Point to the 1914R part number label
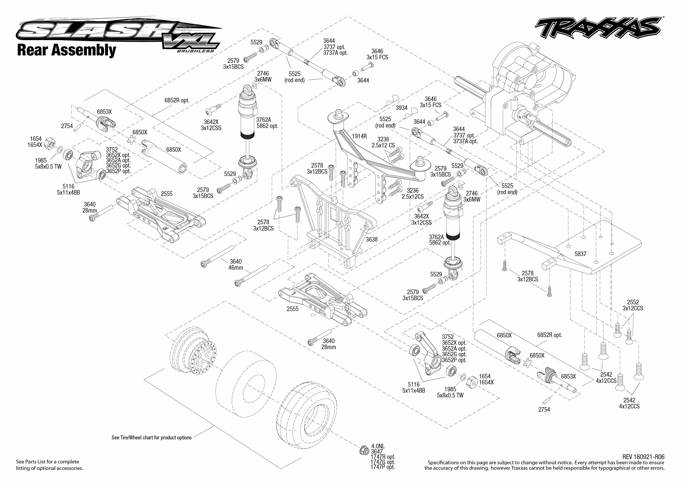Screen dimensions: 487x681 (359, 136)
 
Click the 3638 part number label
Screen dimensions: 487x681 (371, 239)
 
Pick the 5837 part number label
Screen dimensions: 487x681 (580, 254)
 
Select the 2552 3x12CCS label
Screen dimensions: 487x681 (633, 305)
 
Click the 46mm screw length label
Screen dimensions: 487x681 (236, 268)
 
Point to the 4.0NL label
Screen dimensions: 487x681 (378, 446)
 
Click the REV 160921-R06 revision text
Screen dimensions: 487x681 (643, 457)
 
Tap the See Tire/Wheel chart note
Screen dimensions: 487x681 (151, 437)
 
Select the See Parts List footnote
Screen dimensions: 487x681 (50, 465)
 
